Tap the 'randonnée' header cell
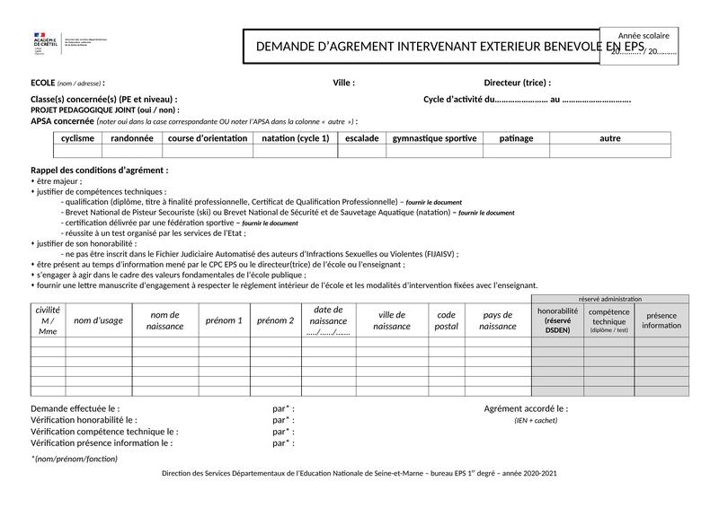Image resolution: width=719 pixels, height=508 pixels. pyautogui.click(x=132, y=139)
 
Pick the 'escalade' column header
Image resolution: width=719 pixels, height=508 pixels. pyautogui.click(x=362, y=139)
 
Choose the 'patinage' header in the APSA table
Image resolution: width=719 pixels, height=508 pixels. pyautogui.click(x=516, y=139)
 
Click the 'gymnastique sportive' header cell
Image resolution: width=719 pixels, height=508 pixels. pyautogui.click(x=435, y=139)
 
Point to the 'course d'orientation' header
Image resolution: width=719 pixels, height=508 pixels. pyautogui.click(x=208, y=139)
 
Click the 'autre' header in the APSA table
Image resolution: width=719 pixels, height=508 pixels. pyautogui.click(x=610, y=139)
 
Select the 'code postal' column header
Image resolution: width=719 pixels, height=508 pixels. pyautogui.click(x=447, y=320)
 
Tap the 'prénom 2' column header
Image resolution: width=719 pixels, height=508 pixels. pyautogui.click(x=275, y=320)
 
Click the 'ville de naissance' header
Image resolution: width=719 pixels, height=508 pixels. pyautogui.click(x=392, y=320)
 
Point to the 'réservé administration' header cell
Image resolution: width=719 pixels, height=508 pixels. pyautogui.click(x=610, y=299)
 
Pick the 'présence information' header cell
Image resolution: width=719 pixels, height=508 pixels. pyautogui.click(x=661, y=320)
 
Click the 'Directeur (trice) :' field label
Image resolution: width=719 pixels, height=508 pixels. pyautogui.click(x=518, y=83)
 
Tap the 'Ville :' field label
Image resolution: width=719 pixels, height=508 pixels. pyautogui.click(x=344, y=83)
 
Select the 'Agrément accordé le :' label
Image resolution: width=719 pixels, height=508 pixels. pyautogui.click(x=526, y=408)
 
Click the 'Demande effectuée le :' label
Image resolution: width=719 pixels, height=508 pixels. pyautogui.click(x=75, y=408)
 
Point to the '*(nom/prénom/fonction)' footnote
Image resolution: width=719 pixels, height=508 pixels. pyautogui.click(x=75, y=459)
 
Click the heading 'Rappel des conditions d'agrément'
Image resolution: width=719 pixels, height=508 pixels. pyautogui.click(x=99, y=170)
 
